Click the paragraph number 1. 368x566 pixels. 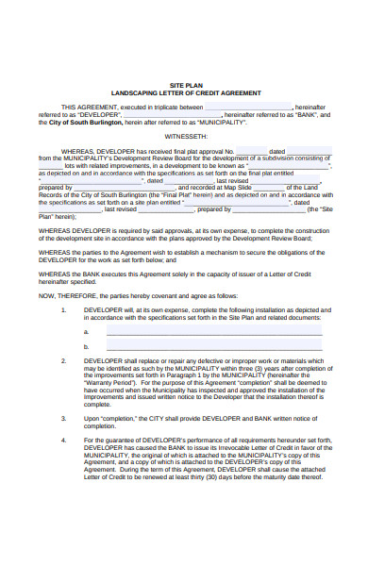pyautogui.click(x=63, y=309)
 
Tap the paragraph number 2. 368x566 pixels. pyautogui.click(x=63, y=360)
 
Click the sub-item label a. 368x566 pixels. pyautogui.click(x=87, y=331)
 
